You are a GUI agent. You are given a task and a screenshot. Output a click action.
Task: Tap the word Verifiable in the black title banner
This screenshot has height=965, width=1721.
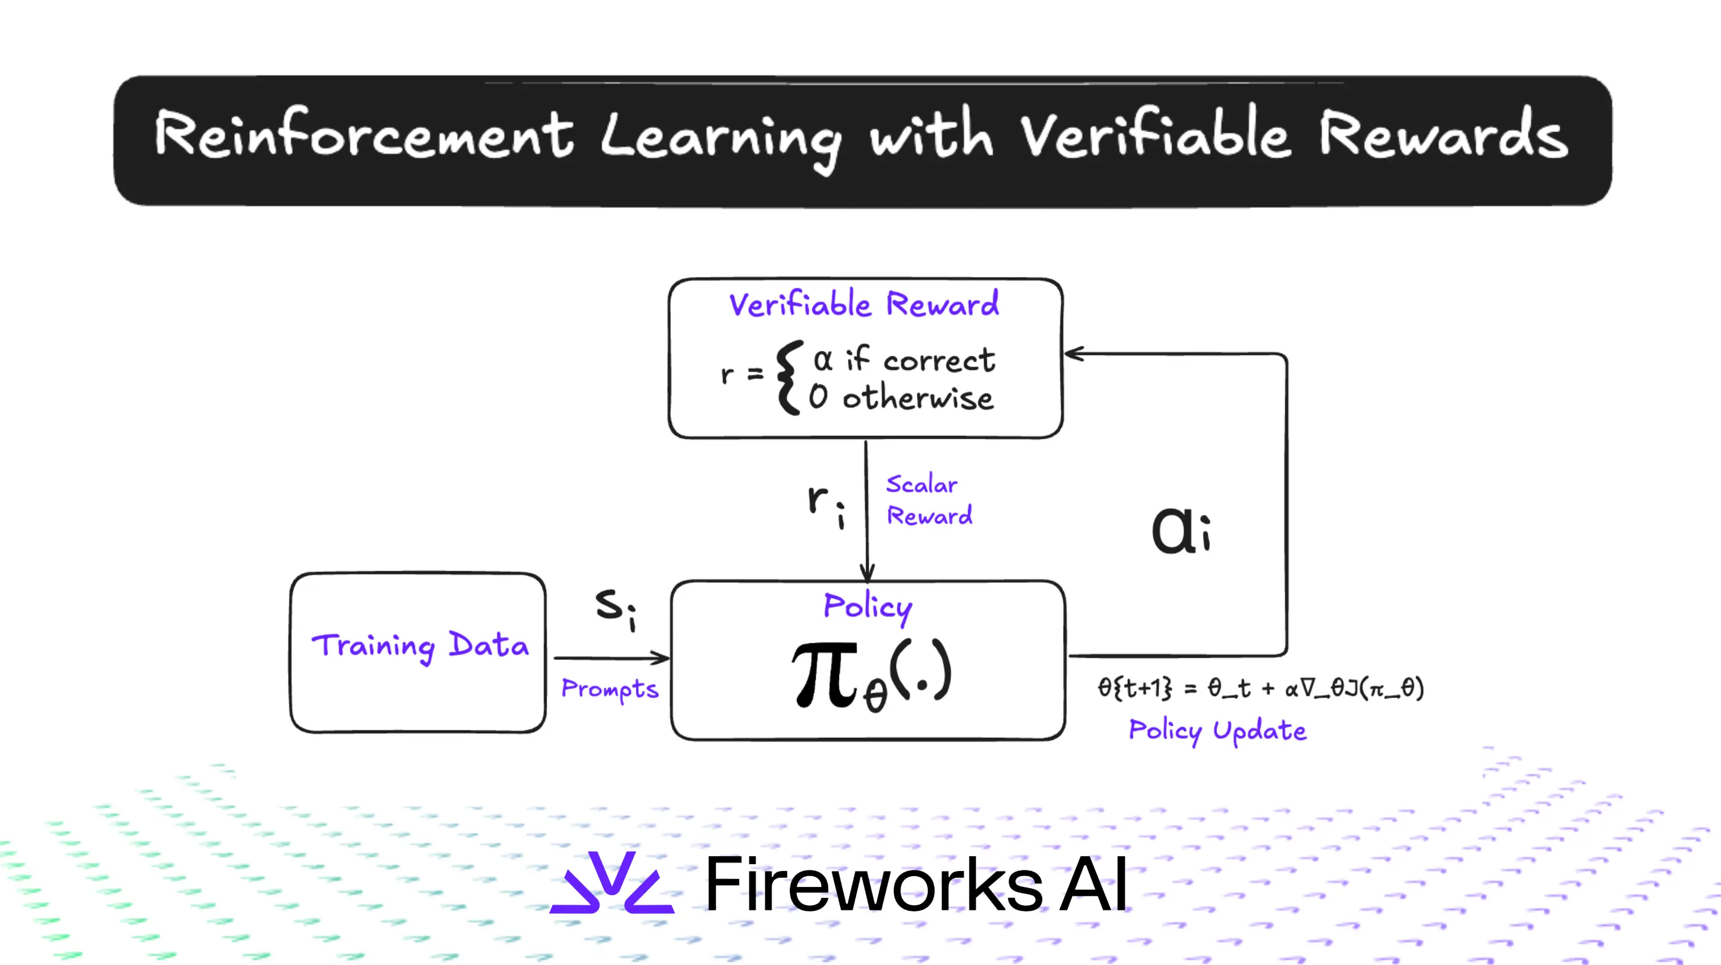1154,136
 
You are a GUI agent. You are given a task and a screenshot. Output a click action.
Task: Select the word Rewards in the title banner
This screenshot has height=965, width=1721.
1443,136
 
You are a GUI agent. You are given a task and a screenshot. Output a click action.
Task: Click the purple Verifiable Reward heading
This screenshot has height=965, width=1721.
864,305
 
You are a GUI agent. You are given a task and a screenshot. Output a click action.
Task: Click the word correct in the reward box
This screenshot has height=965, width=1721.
939,361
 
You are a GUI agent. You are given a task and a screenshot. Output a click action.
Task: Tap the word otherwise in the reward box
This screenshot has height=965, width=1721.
917,398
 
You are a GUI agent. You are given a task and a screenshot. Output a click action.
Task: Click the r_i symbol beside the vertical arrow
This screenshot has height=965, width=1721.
825,504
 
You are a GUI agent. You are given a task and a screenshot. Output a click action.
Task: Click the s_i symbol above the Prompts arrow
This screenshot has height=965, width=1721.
615,608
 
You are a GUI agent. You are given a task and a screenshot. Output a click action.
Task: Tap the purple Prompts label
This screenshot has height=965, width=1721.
609,689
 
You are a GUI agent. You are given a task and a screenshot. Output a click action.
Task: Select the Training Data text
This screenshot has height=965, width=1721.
419,646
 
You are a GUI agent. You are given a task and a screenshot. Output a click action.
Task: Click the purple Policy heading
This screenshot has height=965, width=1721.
867,606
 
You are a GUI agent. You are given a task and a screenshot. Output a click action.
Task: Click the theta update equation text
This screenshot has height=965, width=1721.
1260,687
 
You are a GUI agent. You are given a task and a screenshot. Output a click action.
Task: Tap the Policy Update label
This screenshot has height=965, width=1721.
1217,731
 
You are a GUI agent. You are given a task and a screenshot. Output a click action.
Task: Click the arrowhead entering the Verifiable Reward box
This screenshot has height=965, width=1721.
1073,354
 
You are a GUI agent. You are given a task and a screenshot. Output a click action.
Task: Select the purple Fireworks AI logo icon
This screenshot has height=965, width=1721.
611,883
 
